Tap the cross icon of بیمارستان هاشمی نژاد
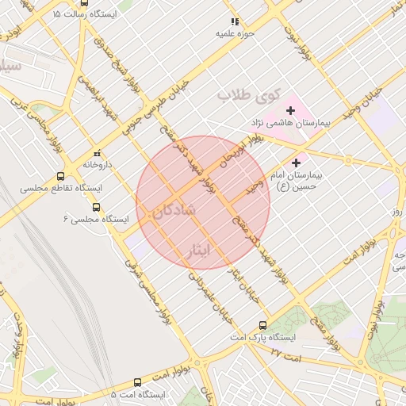point(290,109)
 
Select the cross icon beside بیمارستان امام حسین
point(296,162)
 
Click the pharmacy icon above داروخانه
point(98,153)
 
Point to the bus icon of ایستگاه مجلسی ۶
point(97,208)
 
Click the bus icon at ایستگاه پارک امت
point(263,325)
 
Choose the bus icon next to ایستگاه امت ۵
point(137,382)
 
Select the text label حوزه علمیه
point(234,34)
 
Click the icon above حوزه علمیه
point(234,21)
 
